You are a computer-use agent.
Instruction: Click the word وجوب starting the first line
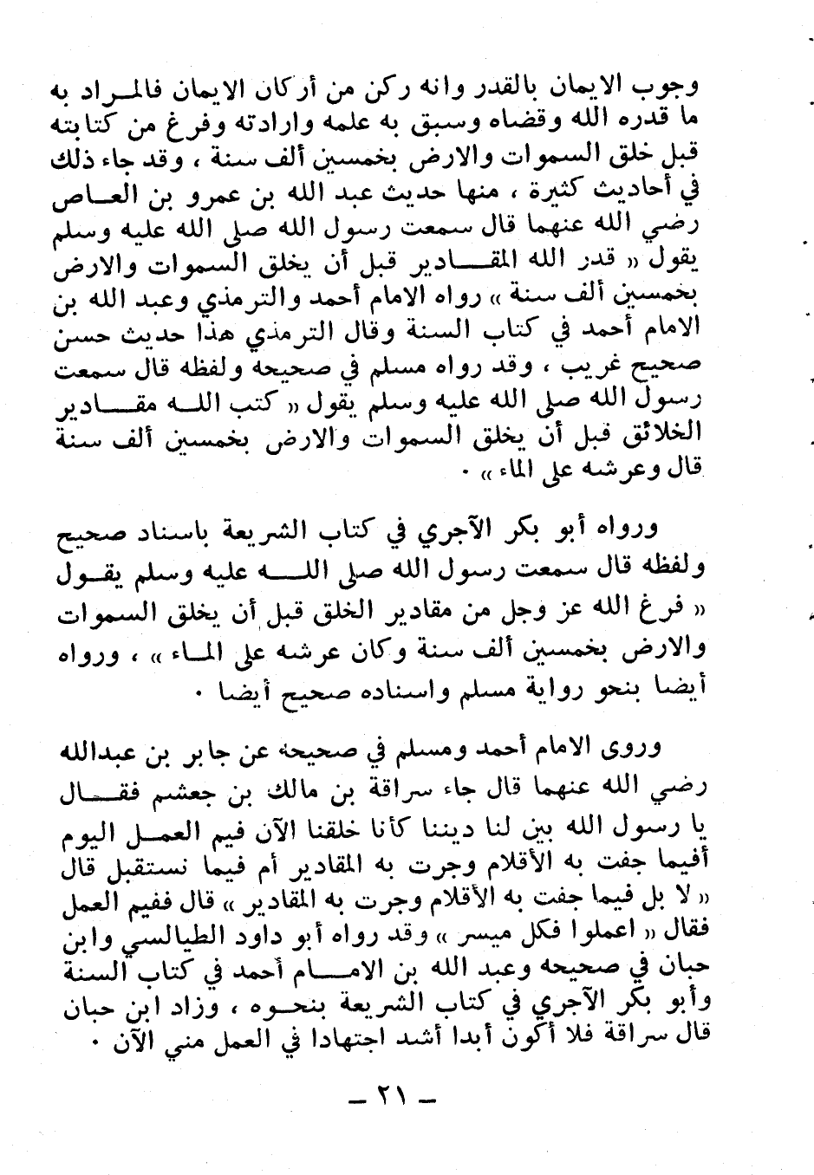coord(674,87)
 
